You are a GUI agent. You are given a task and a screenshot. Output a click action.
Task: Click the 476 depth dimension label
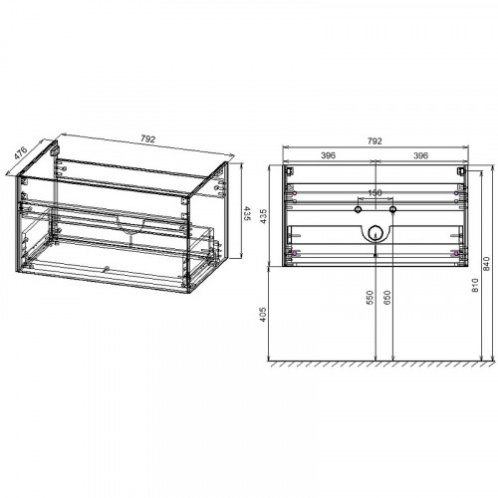[21, 152]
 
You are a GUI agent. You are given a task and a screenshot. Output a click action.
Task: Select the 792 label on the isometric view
[147, 138]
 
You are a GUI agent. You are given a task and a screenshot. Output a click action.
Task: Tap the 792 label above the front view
[374, 141]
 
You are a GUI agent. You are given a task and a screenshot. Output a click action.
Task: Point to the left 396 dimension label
[329, 155]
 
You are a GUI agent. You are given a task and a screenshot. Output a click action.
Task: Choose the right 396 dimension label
[420, 155]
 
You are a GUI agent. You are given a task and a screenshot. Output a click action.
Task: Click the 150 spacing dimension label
[374, 193]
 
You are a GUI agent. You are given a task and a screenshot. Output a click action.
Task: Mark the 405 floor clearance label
[263, 314]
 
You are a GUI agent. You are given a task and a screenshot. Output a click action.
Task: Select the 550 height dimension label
[370, 297]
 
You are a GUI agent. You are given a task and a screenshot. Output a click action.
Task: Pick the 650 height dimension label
[387, 297]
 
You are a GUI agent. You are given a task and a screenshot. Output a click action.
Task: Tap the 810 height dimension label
[475, 285]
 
